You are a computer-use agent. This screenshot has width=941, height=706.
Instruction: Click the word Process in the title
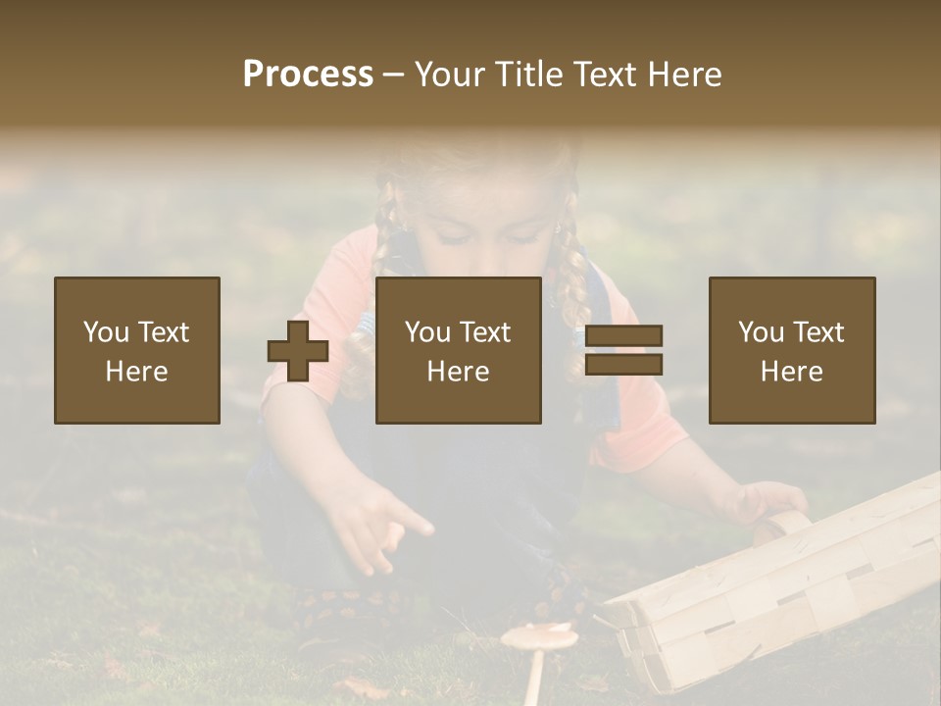point(308,75)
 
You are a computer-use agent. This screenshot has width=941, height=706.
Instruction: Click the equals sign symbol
point(623,350)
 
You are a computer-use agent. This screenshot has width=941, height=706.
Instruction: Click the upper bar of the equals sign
point(623,336)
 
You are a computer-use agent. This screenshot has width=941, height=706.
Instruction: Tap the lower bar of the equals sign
point(623,365)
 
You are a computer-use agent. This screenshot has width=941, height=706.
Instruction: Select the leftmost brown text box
point(137,350)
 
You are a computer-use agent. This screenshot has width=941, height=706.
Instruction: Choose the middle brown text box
point(459,350)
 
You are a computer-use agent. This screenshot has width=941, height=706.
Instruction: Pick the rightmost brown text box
point(792,350)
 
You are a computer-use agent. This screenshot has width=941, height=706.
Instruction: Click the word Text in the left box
point(163,332)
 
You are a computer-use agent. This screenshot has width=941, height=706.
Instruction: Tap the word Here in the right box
point(792,372)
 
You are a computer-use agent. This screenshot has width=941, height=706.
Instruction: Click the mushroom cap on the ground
point(539,637)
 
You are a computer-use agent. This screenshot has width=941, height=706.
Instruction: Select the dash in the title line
point(394,75)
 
